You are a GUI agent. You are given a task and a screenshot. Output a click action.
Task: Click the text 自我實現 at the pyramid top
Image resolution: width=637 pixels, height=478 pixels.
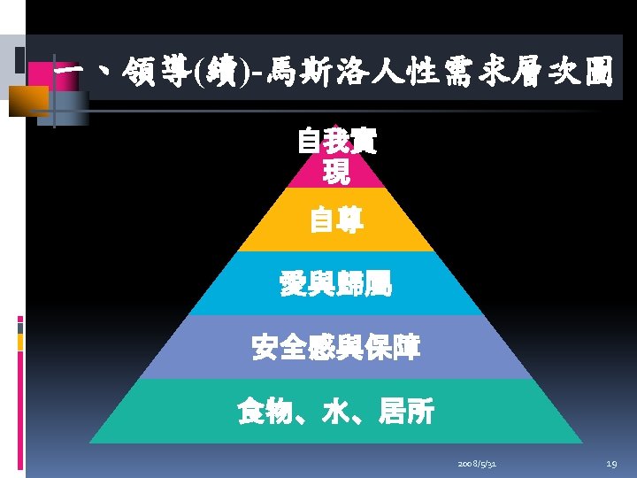[x=336, y=156]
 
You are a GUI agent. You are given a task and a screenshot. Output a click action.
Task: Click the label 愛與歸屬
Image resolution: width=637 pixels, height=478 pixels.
[x=336, y=284]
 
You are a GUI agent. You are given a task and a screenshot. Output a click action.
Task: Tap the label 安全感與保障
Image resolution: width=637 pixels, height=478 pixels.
[x=336, y=348]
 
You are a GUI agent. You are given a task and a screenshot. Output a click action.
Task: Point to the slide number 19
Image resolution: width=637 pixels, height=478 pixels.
[x=611, y=464]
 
